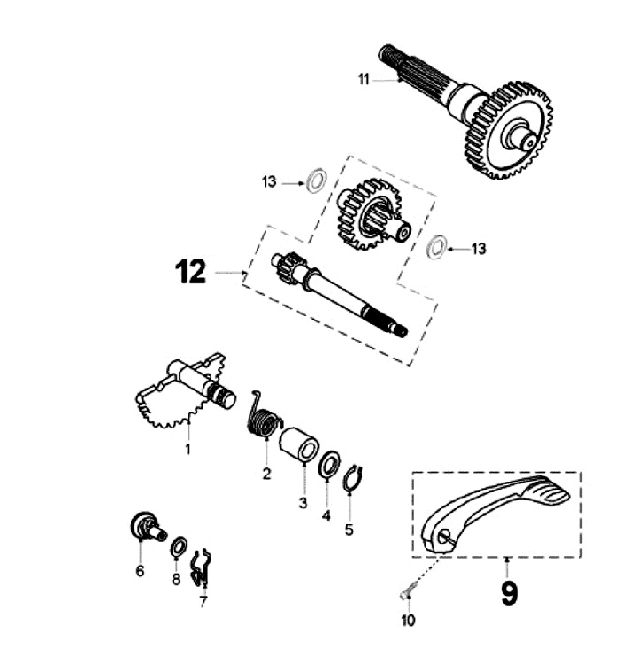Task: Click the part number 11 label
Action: (x=363, y=80)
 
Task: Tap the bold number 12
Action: (x=190, y=272)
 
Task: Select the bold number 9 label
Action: (x=509, y=590)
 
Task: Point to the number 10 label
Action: (x=407, y=621)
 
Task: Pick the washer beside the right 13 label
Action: (x=435, y=247)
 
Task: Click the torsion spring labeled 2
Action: (x=262, y=415)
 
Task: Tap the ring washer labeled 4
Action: (x=330, y=464)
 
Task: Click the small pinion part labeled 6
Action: (x=144, y=526)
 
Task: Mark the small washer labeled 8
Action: (x=177, y=546)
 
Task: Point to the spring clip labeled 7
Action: (x=202, y=567)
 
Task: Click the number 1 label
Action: (x=188, y=450)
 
